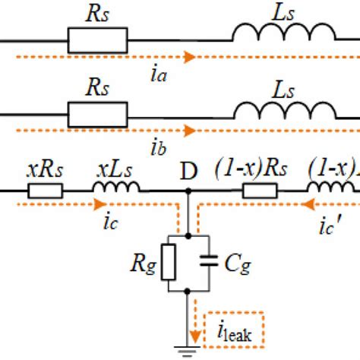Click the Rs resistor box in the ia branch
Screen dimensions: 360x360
(x=97, y=42)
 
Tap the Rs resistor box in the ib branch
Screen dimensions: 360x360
(x=97, y=116)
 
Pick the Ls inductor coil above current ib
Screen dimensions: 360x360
(x=283, y=110)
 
